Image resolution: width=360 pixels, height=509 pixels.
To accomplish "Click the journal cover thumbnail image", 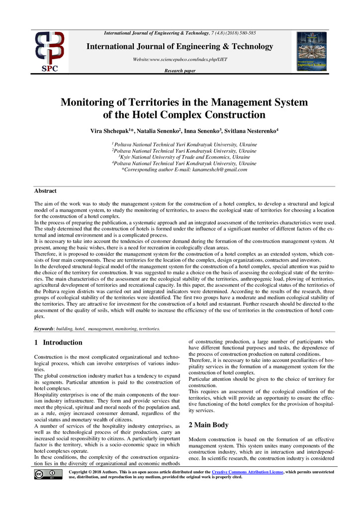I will (312, 51).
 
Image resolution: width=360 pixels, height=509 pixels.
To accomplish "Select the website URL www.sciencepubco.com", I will (180, 60).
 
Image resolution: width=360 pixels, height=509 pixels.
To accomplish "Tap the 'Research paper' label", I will (180, 71).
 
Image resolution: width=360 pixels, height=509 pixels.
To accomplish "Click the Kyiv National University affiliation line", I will (184, 157).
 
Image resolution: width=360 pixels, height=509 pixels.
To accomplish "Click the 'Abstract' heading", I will (45, 191).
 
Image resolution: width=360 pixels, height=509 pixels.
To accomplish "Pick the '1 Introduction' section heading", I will (58, 342).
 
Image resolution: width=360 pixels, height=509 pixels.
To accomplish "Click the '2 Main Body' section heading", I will (209, 425).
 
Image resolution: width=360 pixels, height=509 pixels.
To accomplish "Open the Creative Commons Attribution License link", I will (247, 471).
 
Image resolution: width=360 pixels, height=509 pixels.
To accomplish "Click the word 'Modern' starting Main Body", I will (198, 440).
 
